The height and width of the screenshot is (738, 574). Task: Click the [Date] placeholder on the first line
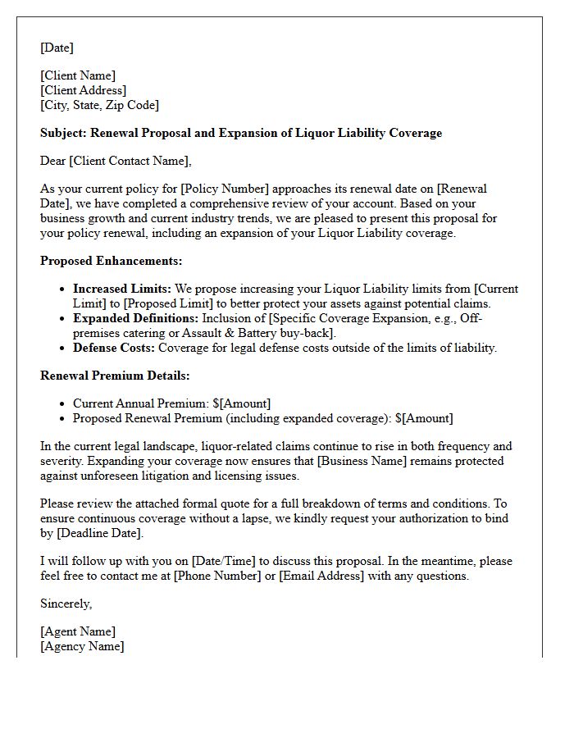(x=57, y=48)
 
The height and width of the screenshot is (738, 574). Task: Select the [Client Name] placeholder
(x=78, y=75)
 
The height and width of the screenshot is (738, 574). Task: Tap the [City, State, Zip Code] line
(x=99, y=105)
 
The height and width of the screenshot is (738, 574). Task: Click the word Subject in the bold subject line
(x=62, y=133)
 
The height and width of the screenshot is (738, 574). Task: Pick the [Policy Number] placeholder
(x=207, y=189)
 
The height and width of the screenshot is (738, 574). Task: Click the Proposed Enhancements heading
(x=112, y=261)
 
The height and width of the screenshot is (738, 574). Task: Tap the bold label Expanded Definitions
(x=135, y=318)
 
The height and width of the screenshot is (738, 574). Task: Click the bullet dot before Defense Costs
(x=64, y=348)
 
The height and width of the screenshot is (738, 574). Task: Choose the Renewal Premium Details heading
(x=115, y=376)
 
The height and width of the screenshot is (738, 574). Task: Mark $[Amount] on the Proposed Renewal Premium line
(x=424, y=418)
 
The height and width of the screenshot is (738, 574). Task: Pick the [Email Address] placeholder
(x=321, y=576)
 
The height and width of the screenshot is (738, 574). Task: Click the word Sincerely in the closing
(x=66, y=604)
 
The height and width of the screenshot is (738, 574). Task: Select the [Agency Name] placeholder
(x=82, y=646)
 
